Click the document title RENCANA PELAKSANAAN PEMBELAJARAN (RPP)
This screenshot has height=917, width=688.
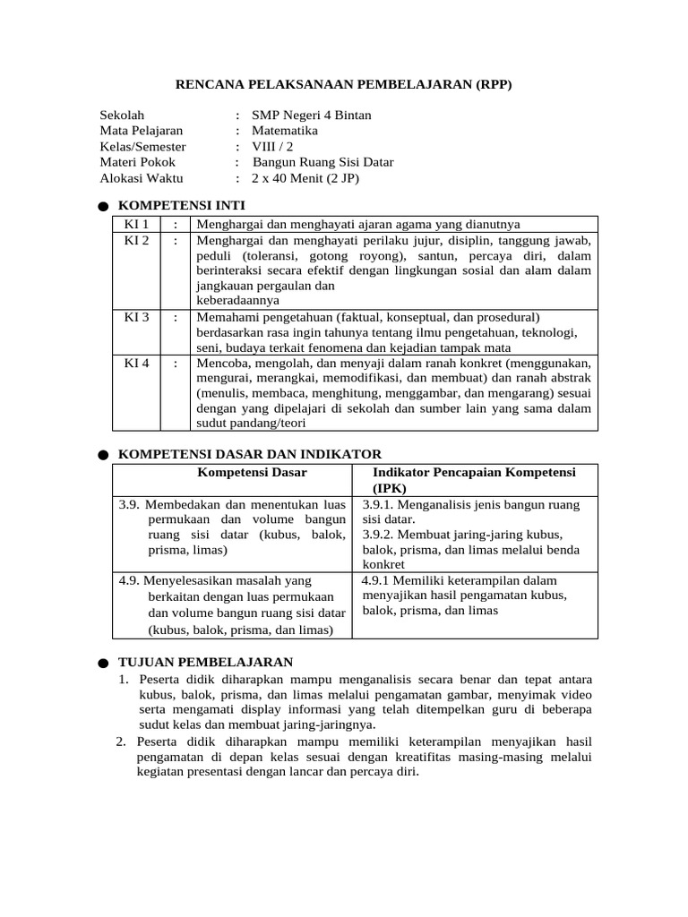[x=343, y=84]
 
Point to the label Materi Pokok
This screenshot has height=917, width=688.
[x=137, y=162]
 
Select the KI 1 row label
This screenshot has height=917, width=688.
[x=136, y=224]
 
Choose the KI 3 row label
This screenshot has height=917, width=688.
[x=136, y=317]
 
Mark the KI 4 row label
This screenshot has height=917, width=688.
[x=136, y=363]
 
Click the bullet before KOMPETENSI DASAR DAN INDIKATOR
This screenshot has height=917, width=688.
[x=103, y=456]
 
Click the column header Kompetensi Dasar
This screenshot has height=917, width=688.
[x=252, y=472]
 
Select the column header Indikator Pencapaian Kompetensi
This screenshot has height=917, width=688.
[x=474, y=472]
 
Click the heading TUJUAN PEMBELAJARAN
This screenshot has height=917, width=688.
[x=205, y=662]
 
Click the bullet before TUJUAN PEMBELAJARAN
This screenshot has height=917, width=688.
[x=103, y=664]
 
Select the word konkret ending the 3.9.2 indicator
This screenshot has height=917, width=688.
[x=383, y=565]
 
